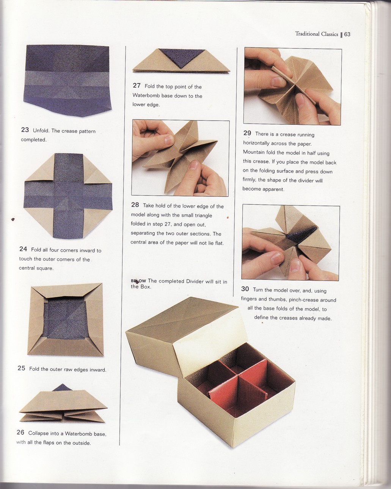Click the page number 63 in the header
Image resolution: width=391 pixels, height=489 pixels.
(347, 34)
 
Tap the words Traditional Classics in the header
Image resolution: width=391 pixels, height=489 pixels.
(316, 34)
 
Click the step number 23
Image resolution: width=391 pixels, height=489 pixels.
(25, 130)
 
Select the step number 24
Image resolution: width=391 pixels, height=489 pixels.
(23, 249)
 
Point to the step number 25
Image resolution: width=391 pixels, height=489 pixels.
(21, 368)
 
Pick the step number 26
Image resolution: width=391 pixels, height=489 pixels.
(20, 433)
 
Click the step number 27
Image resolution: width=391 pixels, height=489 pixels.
(137, 86)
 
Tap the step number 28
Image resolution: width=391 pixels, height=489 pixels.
(135, 205)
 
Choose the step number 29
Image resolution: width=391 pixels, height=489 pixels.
(247, 133)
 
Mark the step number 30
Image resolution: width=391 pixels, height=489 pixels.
(245, 289)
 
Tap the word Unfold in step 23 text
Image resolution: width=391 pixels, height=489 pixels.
(41, 131)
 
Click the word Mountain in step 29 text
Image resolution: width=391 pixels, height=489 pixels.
(256, 153)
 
